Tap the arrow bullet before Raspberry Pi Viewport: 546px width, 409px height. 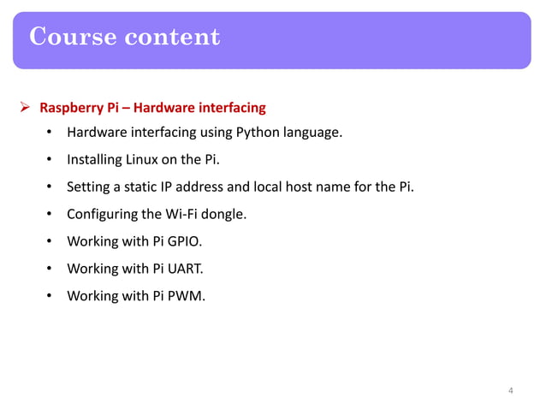(x=26, y=109)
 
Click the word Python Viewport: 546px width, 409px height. (x=256, y=133)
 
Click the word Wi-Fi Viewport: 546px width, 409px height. (x=181, y=214)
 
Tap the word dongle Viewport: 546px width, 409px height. (x=224, y=214)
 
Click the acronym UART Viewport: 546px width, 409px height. (x=187, y=269)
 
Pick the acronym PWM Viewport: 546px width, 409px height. (x=187, y=296)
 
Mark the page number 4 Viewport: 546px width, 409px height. (x=511, y=391)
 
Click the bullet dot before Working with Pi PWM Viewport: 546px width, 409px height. (x=50, y=296)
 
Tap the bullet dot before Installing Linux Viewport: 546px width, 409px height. (x=50, y=160)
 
